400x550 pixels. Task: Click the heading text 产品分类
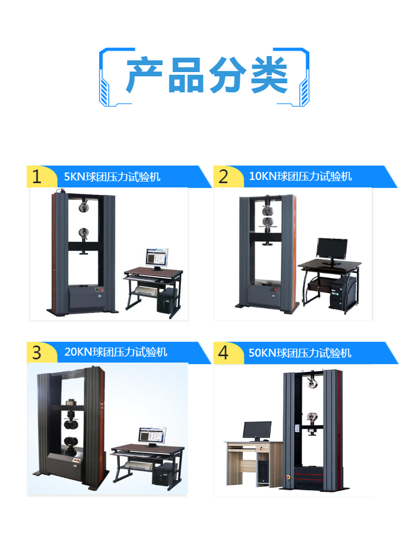[x=206, y=75]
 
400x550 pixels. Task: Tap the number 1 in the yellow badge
[x=37, y=176]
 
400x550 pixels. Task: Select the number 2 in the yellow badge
[x=223, y=176]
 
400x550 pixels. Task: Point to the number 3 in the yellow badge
[x=37, y=352]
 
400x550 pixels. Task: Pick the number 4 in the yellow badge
[x=223, y=352]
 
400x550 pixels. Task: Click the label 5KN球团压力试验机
[x=112, y=177]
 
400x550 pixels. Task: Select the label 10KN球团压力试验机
[x=300, y=176]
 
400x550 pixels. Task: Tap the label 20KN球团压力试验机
[x=116, y=352]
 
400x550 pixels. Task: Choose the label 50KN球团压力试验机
[x=300, y=353]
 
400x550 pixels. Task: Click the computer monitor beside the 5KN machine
[x=157, y=258]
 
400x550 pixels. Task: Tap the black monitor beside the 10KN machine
[x=331, y=250]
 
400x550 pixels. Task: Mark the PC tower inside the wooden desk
[x=263, y=471]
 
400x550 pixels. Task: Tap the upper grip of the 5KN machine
[x=84, y=206]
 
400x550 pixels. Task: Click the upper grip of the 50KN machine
[x=311, y=383]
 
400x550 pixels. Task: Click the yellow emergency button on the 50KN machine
[x=288, y=477]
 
